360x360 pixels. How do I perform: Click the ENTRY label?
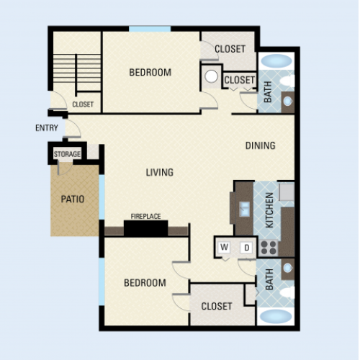(47, 128)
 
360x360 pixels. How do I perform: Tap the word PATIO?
(73, 199)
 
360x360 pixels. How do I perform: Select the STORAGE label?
(67, 154)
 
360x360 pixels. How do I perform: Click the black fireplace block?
(145, 228)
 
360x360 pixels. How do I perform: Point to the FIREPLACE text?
(145, 217)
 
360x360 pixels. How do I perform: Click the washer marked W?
(224, 247)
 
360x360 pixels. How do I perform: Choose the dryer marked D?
(246, 248)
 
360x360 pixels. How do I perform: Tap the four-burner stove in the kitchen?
(269, 248)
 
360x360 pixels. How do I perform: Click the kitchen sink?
(244, 208)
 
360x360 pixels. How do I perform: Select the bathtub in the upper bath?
(276, 60)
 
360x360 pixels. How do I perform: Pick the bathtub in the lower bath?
(276, 316)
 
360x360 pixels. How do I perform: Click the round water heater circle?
(211, 76)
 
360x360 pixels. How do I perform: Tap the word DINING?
(260, 145)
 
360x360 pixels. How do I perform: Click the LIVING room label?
(160, 173)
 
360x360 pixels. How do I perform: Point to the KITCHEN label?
(269, 210)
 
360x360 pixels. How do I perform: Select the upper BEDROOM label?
(150, 73)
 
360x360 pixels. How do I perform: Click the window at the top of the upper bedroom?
(150, 29)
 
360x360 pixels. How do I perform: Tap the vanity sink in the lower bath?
(287, 268)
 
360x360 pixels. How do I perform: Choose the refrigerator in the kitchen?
(287, 192)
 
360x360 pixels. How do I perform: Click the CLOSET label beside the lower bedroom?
(217, 306)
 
